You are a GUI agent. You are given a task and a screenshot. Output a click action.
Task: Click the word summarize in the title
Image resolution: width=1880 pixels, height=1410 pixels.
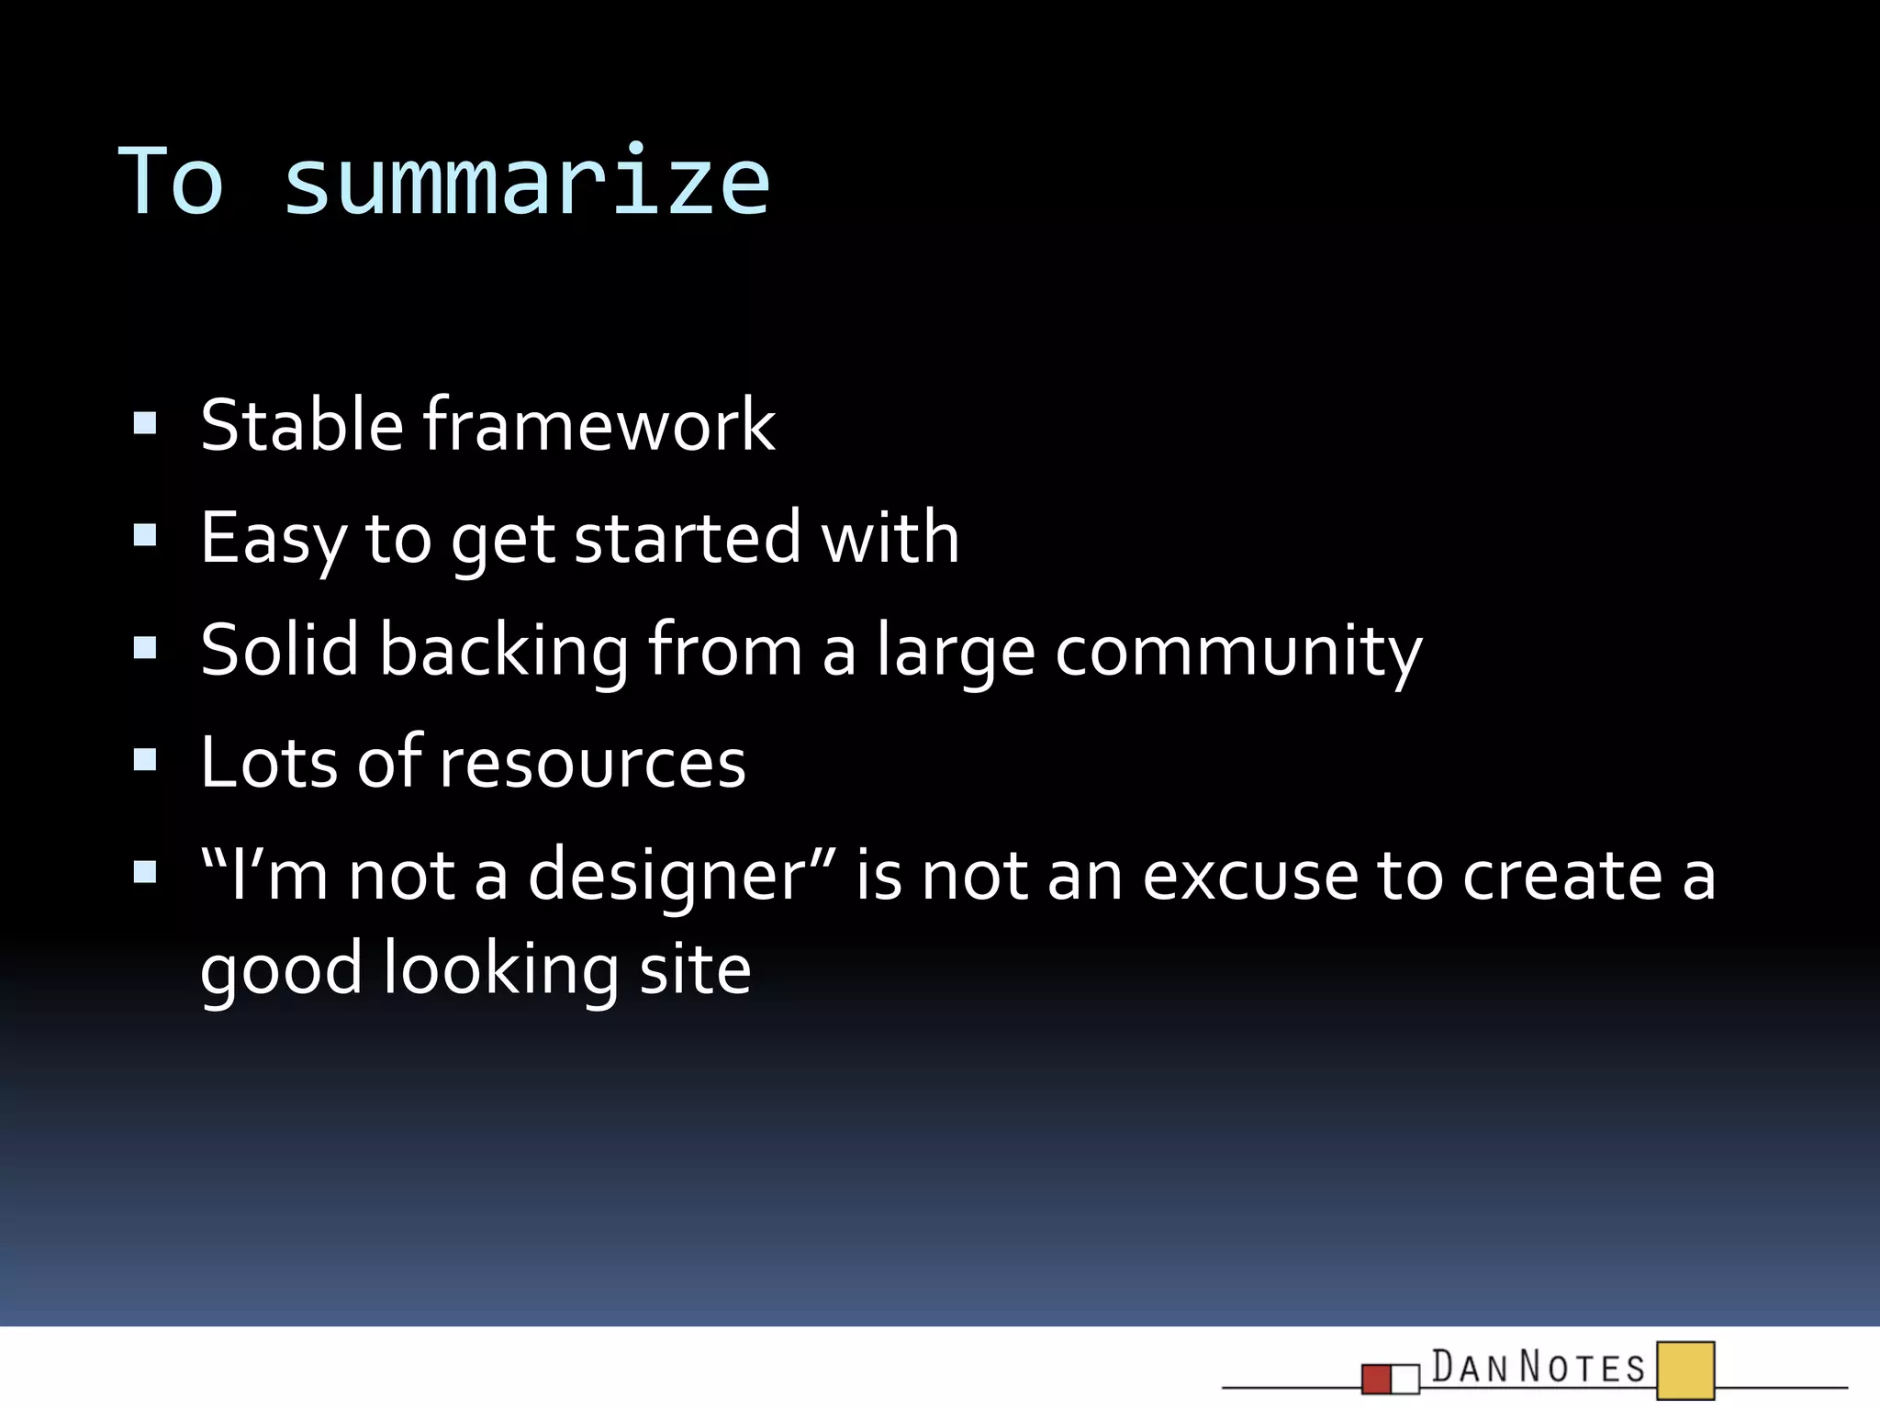[x=527, y=184]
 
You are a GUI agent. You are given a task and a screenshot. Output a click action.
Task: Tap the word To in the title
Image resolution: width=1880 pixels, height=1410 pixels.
[x=172, y=182]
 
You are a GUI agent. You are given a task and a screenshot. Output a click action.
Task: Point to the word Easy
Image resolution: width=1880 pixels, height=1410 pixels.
[x=273, y=540]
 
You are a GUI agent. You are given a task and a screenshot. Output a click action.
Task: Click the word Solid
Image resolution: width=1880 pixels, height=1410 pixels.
[x=280, y=650]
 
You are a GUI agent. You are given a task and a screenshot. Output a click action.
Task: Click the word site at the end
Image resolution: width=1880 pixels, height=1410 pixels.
[x=695, y=969]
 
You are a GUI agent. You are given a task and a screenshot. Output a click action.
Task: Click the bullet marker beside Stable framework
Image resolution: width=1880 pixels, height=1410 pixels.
[x=145, y=423]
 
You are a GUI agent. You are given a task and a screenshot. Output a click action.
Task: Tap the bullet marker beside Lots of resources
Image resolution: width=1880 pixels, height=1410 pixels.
[x=145, y=760]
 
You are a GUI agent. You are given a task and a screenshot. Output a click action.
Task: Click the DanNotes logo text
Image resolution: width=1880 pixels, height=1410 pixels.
[x=1539, y=1368]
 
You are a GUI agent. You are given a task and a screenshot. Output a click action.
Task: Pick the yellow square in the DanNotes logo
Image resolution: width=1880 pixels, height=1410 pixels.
[x=1685, y=1371]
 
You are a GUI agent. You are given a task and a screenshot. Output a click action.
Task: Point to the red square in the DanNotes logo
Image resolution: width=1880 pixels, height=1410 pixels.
[x=1376, y=1379]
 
